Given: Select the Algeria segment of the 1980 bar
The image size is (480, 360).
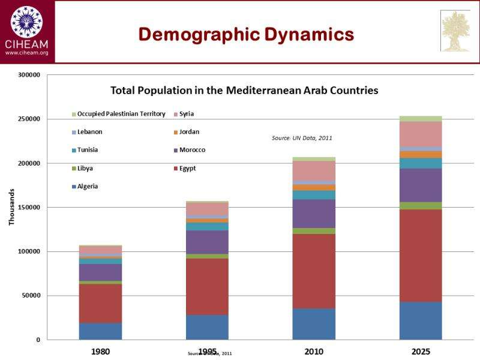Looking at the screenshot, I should pyautogui.click(x=100, y=331).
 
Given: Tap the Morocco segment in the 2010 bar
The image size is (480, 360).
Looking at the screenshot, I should pyautogui.click(x=314, y=214).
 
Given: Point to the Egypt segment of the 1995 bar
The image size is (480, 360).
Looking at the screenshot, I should pyautogui.click(x=207, y=287).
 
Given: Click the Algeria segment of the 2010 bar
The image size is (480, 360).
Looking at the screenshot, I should pyautogui.click(x=314, y=324).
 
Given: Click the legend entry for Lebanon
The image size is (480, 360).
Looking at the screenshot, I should pyautogui.click(x=90, y=132).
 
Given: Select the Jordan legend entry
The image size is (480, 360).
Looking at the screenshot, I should pyautogui.click(x=189, y=132).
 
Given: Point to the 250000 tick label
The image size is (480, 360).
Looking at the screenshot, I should pyautogui.click(x=28, y=119).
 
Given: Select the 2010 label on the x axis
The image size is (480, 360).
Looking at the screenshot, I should pyautogui.click(x=314, y=351).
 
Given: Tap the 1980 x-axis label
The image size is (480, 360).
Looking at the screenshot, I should pyautogui.click(x=100, y=351).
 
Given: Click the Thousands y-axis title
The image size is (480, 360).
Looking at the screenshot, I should pyautogui.click(x=11, y=208).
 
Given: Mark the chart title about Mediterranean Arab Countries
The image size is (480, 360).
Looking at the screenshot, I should pyautogui.click(x=244, y=91).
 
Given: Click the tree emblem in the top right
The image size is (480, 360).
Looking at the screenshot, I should pyautogui.click(x=456, y=31).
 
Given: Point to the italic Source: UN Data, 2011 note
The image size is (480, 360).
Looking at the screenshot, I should pyautogui.click(x=302, y=138).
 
